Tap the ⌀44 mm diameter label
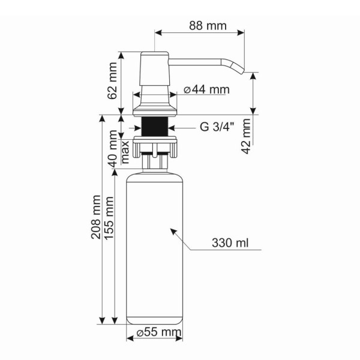coord(206,90)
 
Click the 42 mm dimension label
coord(245,136)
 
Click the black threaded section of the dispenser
coord(155,127)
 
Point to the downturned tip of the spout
coord(241,68)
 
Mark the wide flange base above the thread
coord(155,109)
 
